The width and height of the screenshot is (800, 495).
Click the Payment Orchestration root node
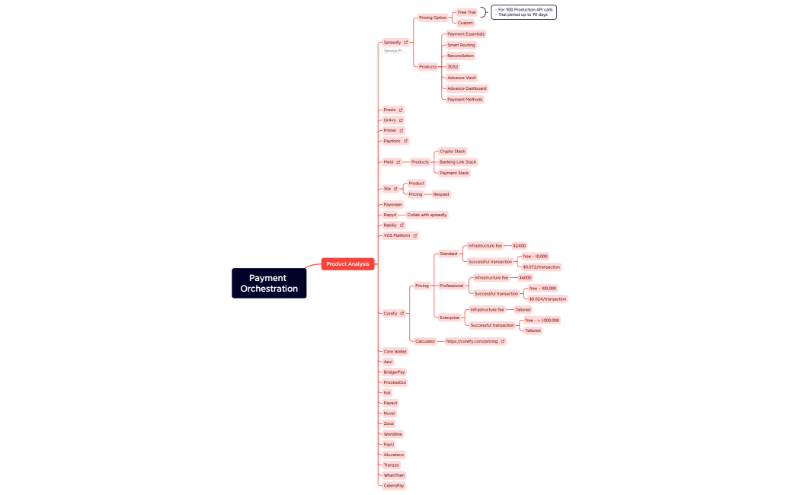269,283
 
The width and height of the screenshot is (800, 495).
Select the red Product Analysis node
347,263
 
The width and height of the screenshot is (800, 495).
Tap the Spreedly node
392,43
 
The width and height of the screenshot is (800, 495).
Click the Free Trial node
466,12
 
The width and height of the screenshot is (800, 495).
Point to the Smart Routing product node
461,45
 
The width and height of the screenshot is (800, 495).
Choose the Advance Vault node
462,78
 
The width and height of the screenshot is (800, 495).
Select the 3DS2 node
453,67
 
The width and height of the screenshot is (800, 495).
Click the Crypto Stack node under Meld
453,152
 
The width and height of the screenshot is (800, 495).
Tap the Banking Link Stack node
458,162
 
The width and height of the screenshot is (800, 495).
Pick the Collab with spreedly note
427,215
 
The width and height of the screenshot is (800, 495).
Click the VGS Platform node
397,235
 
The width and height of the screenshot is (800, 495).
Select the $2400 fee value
520,246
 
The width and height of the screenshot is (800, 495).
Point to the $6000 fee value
525,278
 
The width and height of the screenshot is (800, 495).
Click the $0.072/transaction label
541,267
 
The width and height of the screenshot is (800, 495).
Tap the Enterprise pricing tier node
450,318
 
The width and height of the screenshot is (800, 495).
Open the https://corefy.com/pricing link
472,341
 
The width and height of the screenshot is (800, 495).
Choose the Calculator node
425,341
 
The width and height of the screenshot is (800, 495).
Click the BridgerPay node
394,372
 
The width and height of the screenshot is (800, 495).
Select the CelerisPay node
394,485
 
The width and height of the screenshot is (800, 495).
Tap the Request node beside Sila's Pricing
441,194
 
